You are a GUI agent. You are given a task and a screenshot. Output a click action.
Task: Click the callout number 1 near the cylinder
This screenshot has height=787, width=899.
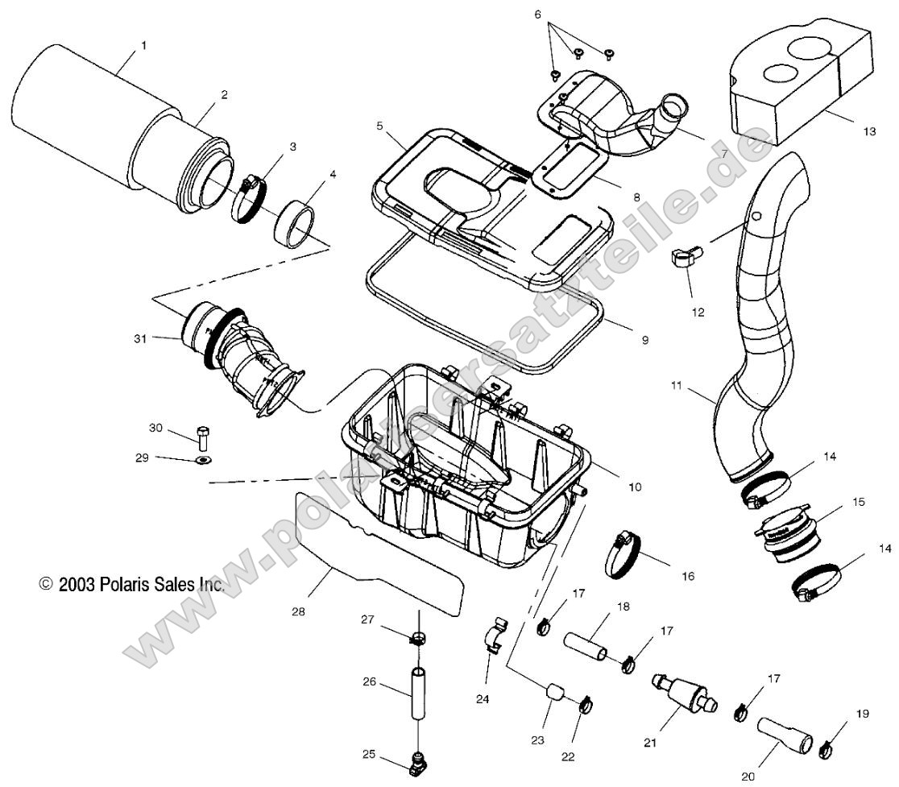[143, 46]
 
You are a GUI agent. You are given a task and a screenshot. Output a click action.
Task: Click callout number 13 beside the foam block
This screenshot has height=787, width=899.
[868, 132]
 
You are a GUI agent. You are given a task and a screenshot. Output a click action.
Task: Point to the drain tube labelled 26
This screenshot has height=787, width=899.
[419, 694]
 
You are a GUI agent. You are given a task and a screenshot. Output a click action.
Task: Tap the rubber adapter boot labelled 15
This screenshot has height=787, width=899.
[784, 536]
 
